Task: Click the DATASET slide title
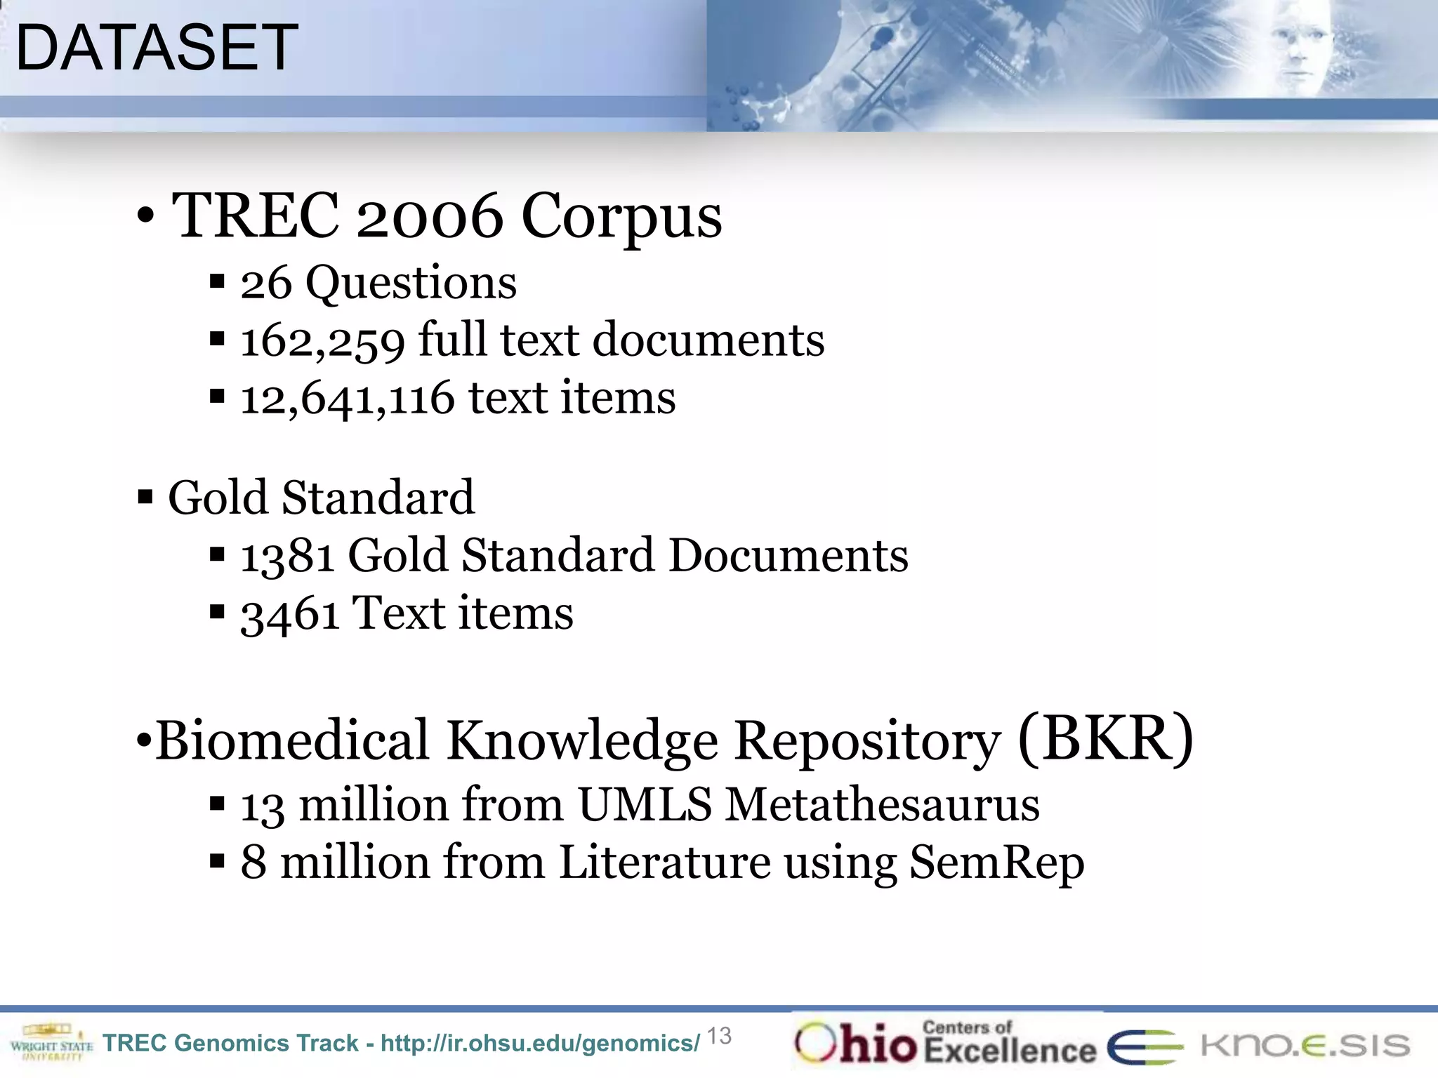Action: (x=157, y=48)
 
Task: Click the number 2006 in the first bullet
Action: (x=430, y=215)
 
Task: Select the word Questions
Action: (x=411, y=283)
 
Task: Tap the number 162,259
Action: (x=322, y=341)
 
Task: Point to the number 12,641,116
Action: (x=348, y=399)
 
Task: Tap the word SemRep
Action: (x=997, y=863)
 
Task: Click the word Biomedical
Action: (x=292, y=740)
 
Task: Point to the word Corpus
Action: (x=621, y=215)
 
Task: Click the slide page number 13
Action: (x=719, y=1036)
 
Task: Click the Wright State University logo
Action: (x=51, y=1042)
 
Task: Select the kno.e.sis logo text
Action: (x=1305, y=1045)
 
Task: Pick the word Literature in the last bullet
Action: (x=664, y=863)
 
